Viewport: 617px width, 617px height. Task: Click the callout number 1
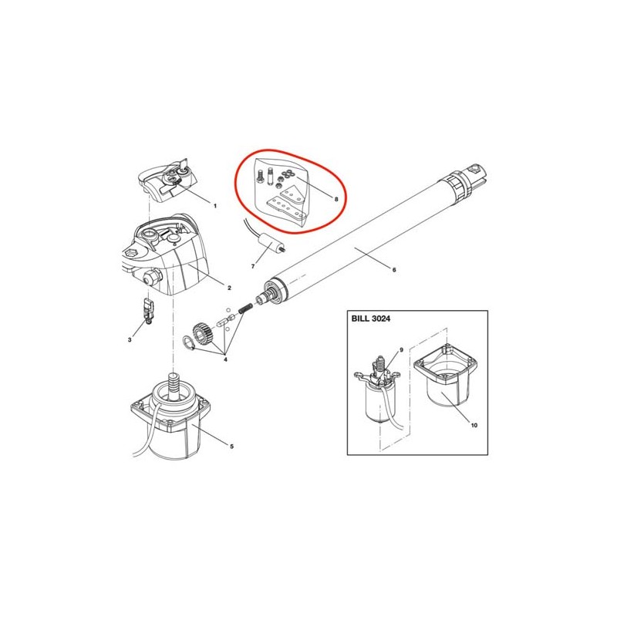(x=215, y=206)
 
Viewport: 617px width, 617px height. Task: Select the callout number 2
(x=229, y=288)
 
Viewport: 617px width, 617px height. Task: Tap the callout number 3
(x=130, y=339)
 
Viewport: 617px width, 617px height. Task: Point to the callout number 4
(x=225, y=359)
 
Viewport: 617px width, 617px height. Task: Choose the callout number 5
(x=232, y=447)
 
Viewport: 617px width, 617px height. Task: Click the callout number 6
(x=394, y=269)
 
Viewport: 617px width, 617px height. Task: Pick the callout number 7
(x=253, y=266)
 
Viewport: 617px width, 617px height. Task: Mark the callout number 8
(x=336, y=199)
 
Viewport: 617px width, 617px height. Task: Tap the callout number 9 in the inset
(x=401, y=350)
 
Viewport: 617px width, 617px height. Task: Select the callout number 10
(x=474, y=425)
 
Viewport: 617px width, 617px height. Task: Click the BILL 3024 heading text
(x=371, y=319)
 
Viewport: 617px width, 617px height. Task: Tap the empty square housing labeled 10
(x=446, y=377)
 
